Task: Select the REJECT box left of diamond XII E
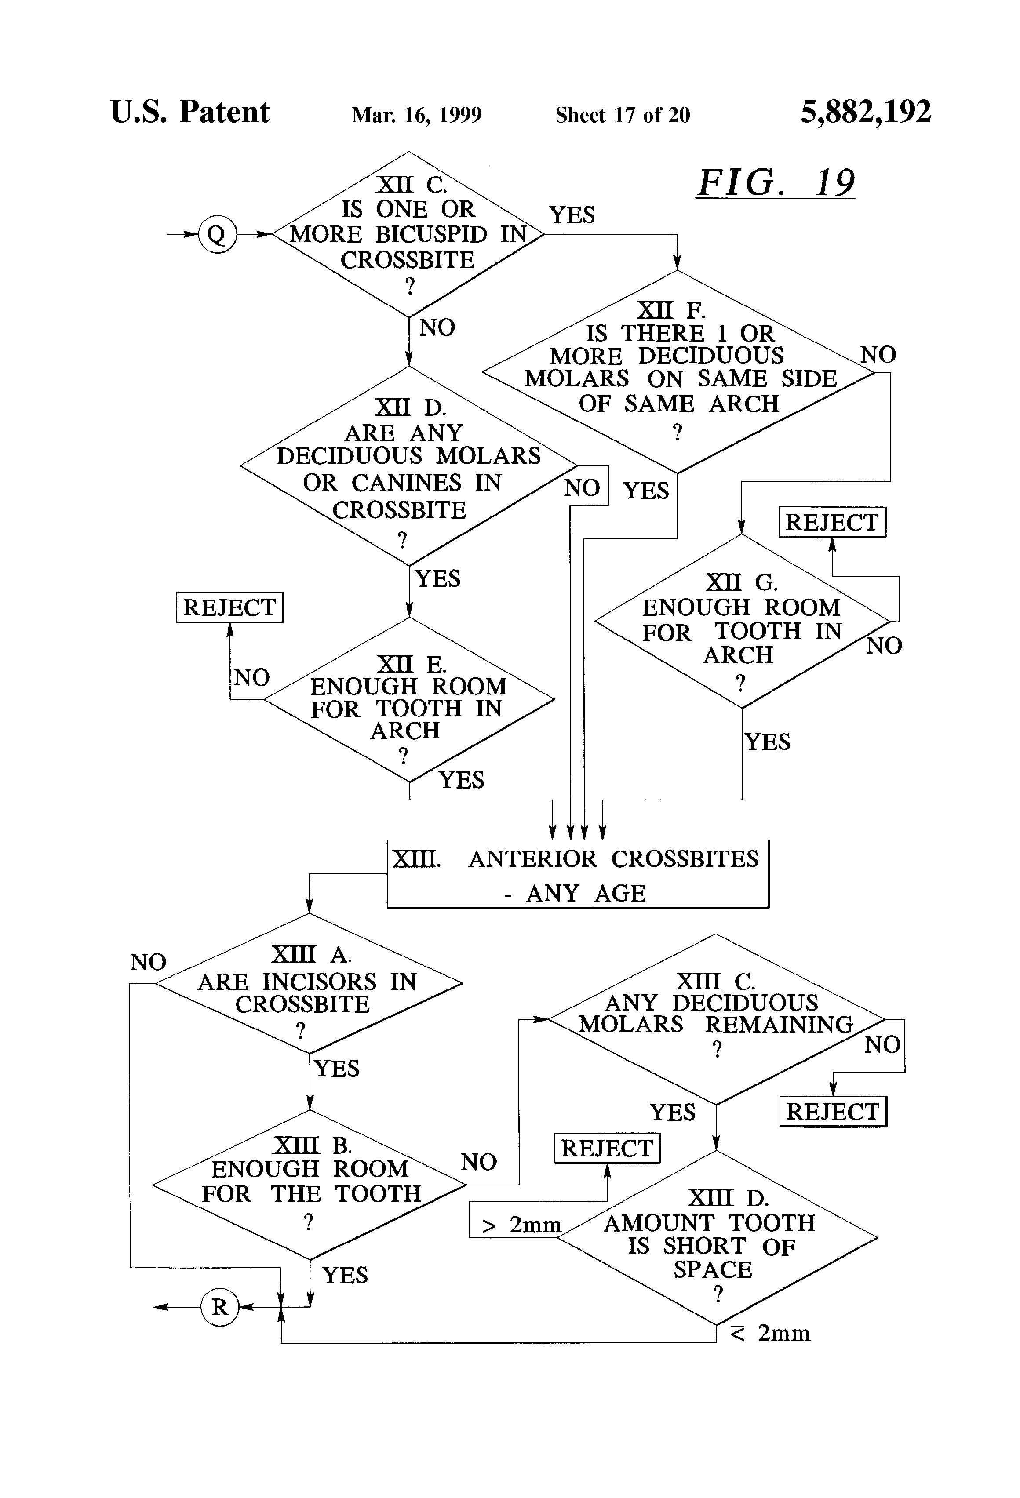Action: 229,607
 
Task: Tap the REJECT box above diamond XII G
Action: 832,522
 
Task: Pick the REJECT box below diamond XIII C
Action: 833,1111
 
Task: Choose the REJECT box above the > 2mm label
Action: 607,1148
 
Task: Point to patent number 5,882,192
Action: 865,112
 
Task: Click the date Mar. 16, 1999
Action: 416,115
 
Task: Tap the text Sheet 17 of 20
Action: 622,115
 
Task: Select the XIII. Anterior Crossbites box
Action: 578,874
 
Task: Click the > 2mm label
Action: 521,1224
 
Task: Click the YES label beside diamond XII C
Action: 571,215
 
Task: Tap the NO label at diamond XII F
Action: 878,355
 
